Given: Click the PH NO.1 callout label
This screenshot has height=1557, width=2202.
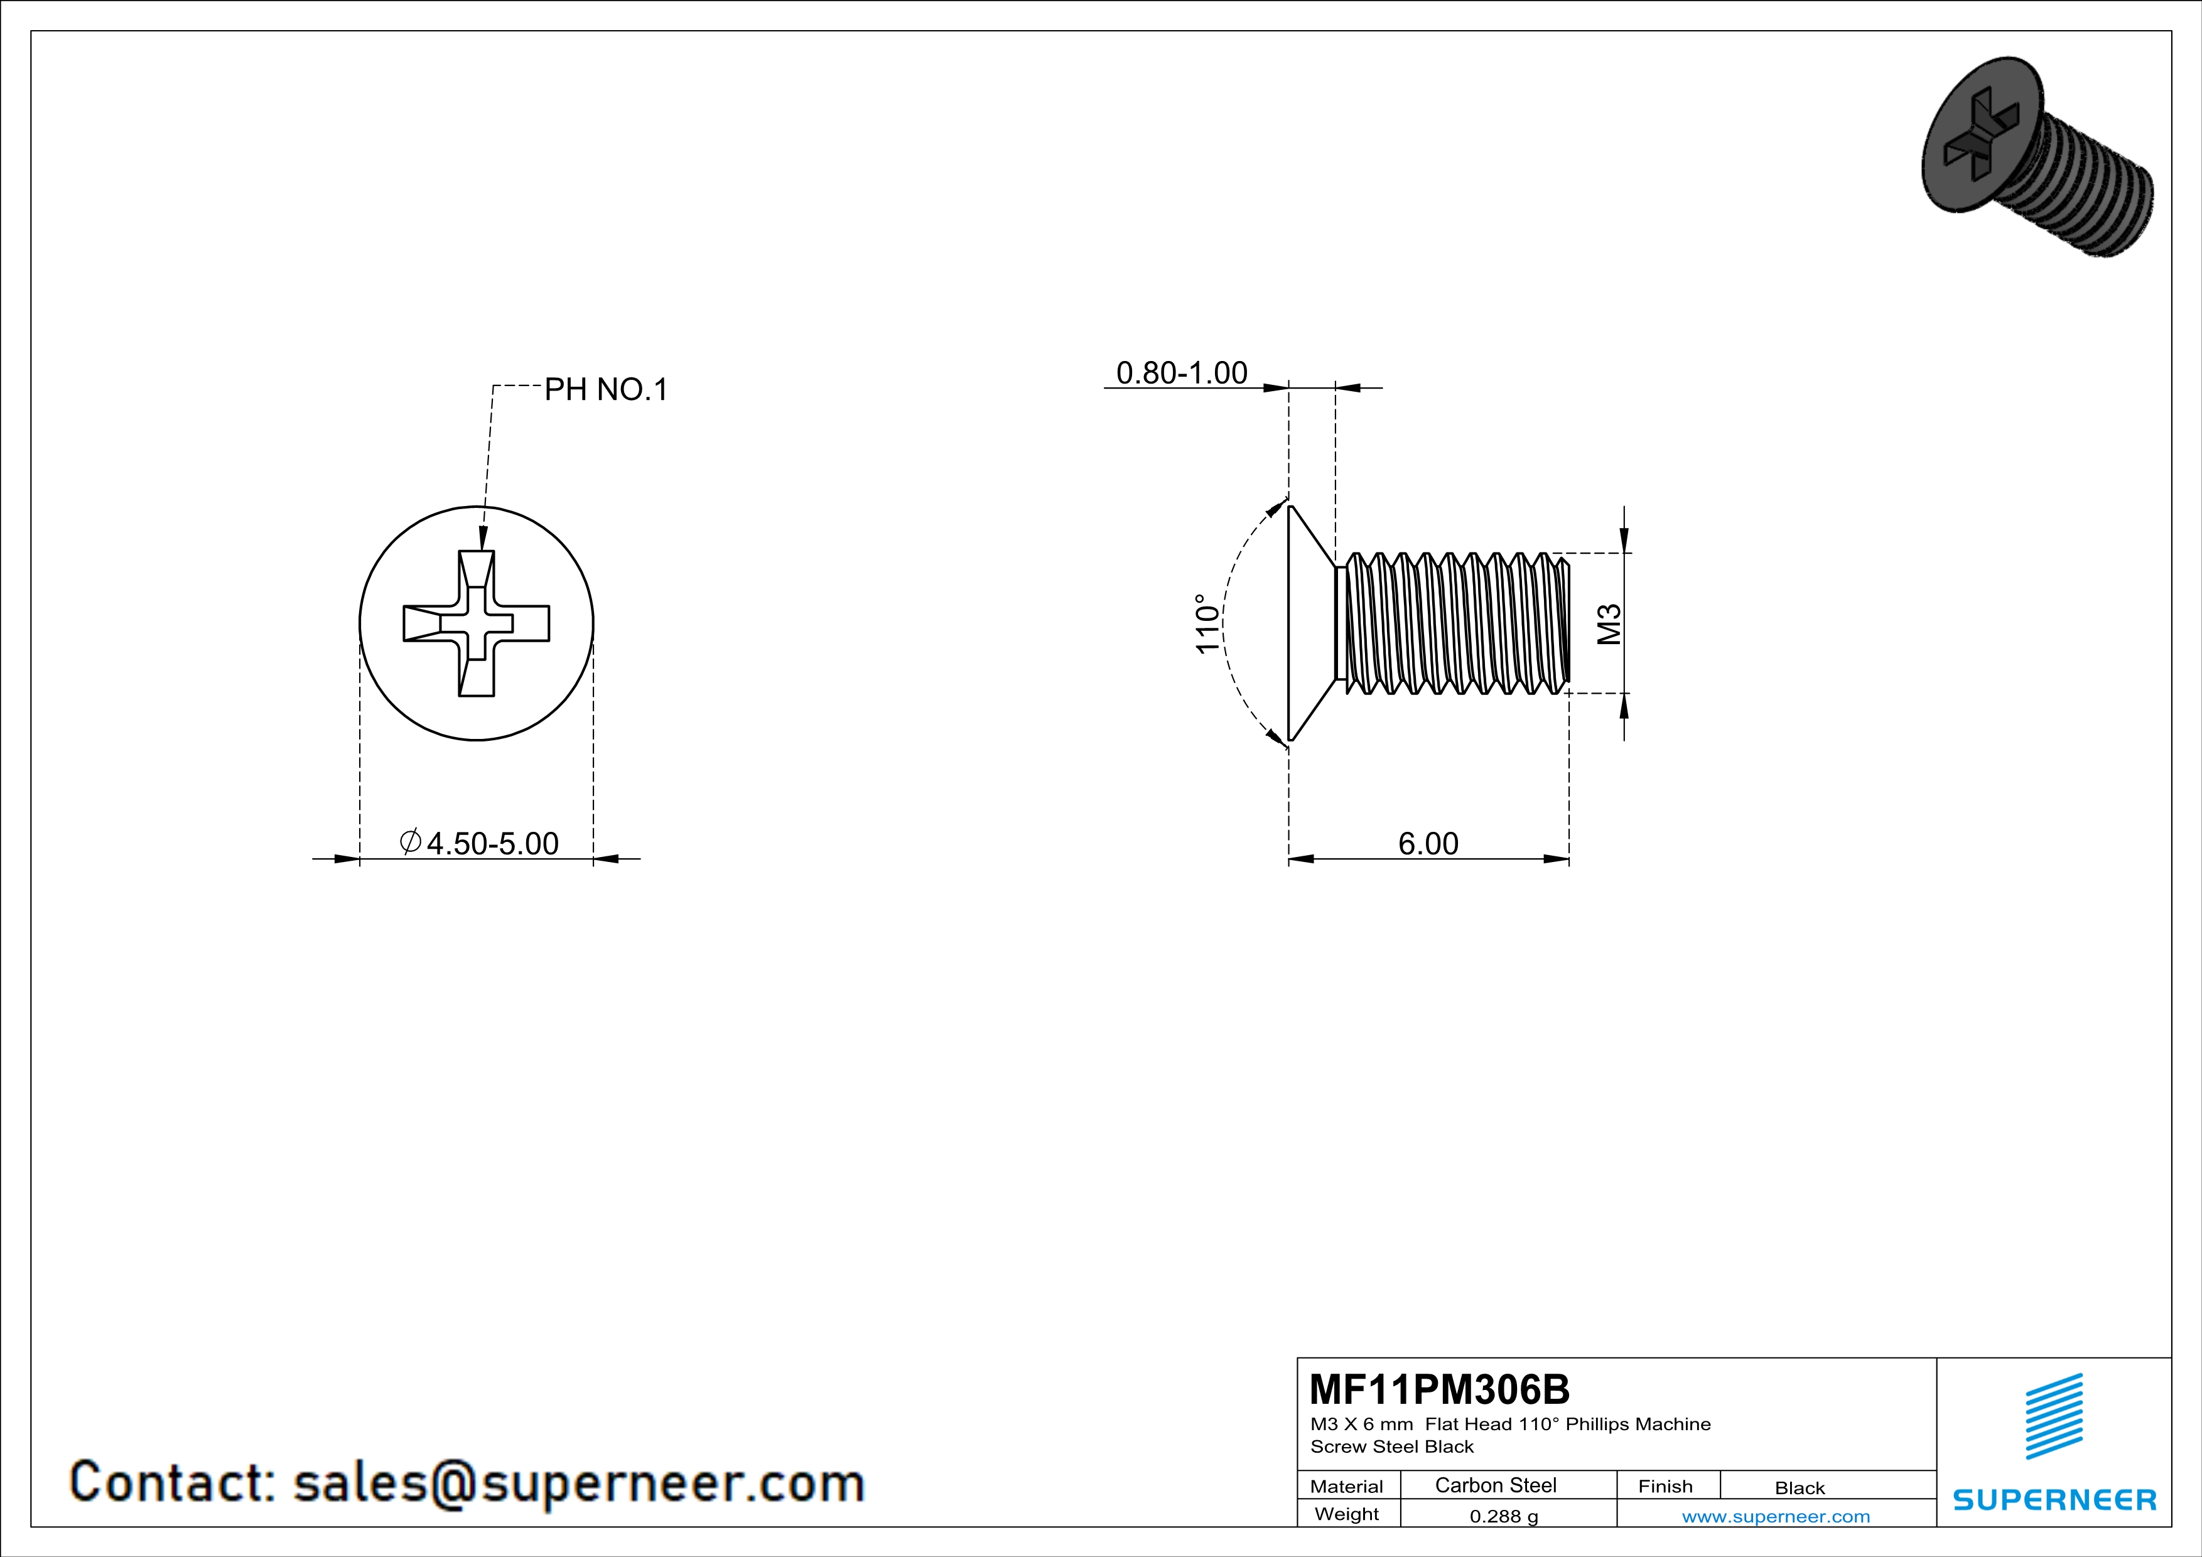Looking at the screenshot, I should [605, 389].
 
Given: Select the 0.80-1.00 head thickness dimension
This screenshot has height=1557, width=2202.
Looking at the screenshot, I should [1182, 372].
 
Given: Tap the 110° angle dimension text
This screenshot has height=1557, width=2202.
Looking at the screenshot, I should [1207, 623].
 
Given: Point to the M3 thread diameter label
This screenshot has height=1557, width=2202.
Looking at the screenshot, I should [1609, 623].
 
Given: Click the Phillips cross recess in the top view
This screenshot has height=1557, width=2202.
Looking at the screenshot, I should [477, 623].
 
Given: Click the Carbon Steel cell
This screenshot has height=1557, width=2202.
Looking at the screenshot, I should [1495, 1485].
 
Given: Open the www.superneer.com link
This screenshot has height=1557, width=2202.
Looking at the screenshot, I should [1775, 1516].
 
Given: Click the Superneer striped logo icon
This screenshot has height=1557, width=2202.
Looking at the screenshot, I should [2053, 1416].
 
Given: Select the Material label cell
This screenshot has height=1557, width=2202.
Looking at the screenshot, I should [1347, 1486].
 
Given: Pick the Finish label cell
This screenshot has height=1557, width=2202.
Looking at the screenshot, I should [1665, 1486].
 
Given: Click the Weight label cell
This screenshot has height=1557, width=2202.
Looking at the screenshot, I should [1347, 1514].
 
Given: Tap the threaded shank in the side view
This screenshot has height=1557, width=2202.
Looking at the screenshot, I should [1458, 623].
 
